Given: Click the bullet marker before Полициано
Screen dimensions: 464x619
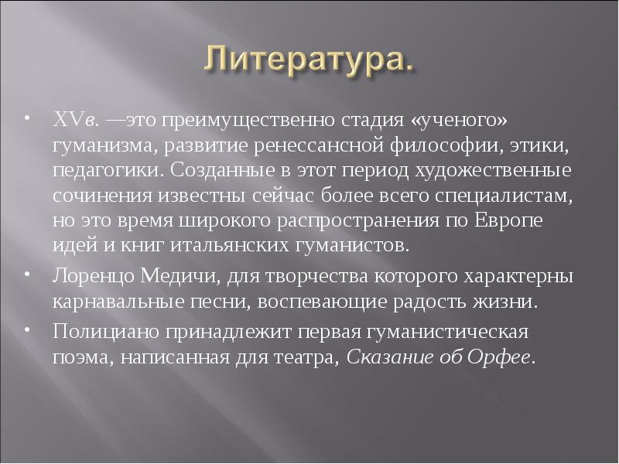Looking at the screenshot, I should tap(27, 331).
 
